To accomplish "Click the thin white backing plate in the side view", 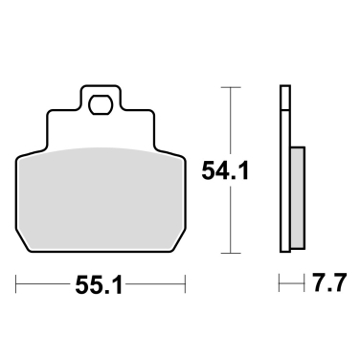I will (284, 172).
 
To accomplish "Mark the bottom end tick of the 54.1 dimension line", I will (231, 255).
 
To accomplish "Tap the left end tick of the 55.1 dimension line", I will (18, 285).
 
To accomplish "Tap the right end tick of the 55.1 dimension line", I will (183, 285).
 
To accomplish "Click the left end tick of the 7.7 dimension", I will (280, 285).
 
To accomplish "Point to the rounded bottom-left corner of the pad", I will (21, 251).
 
